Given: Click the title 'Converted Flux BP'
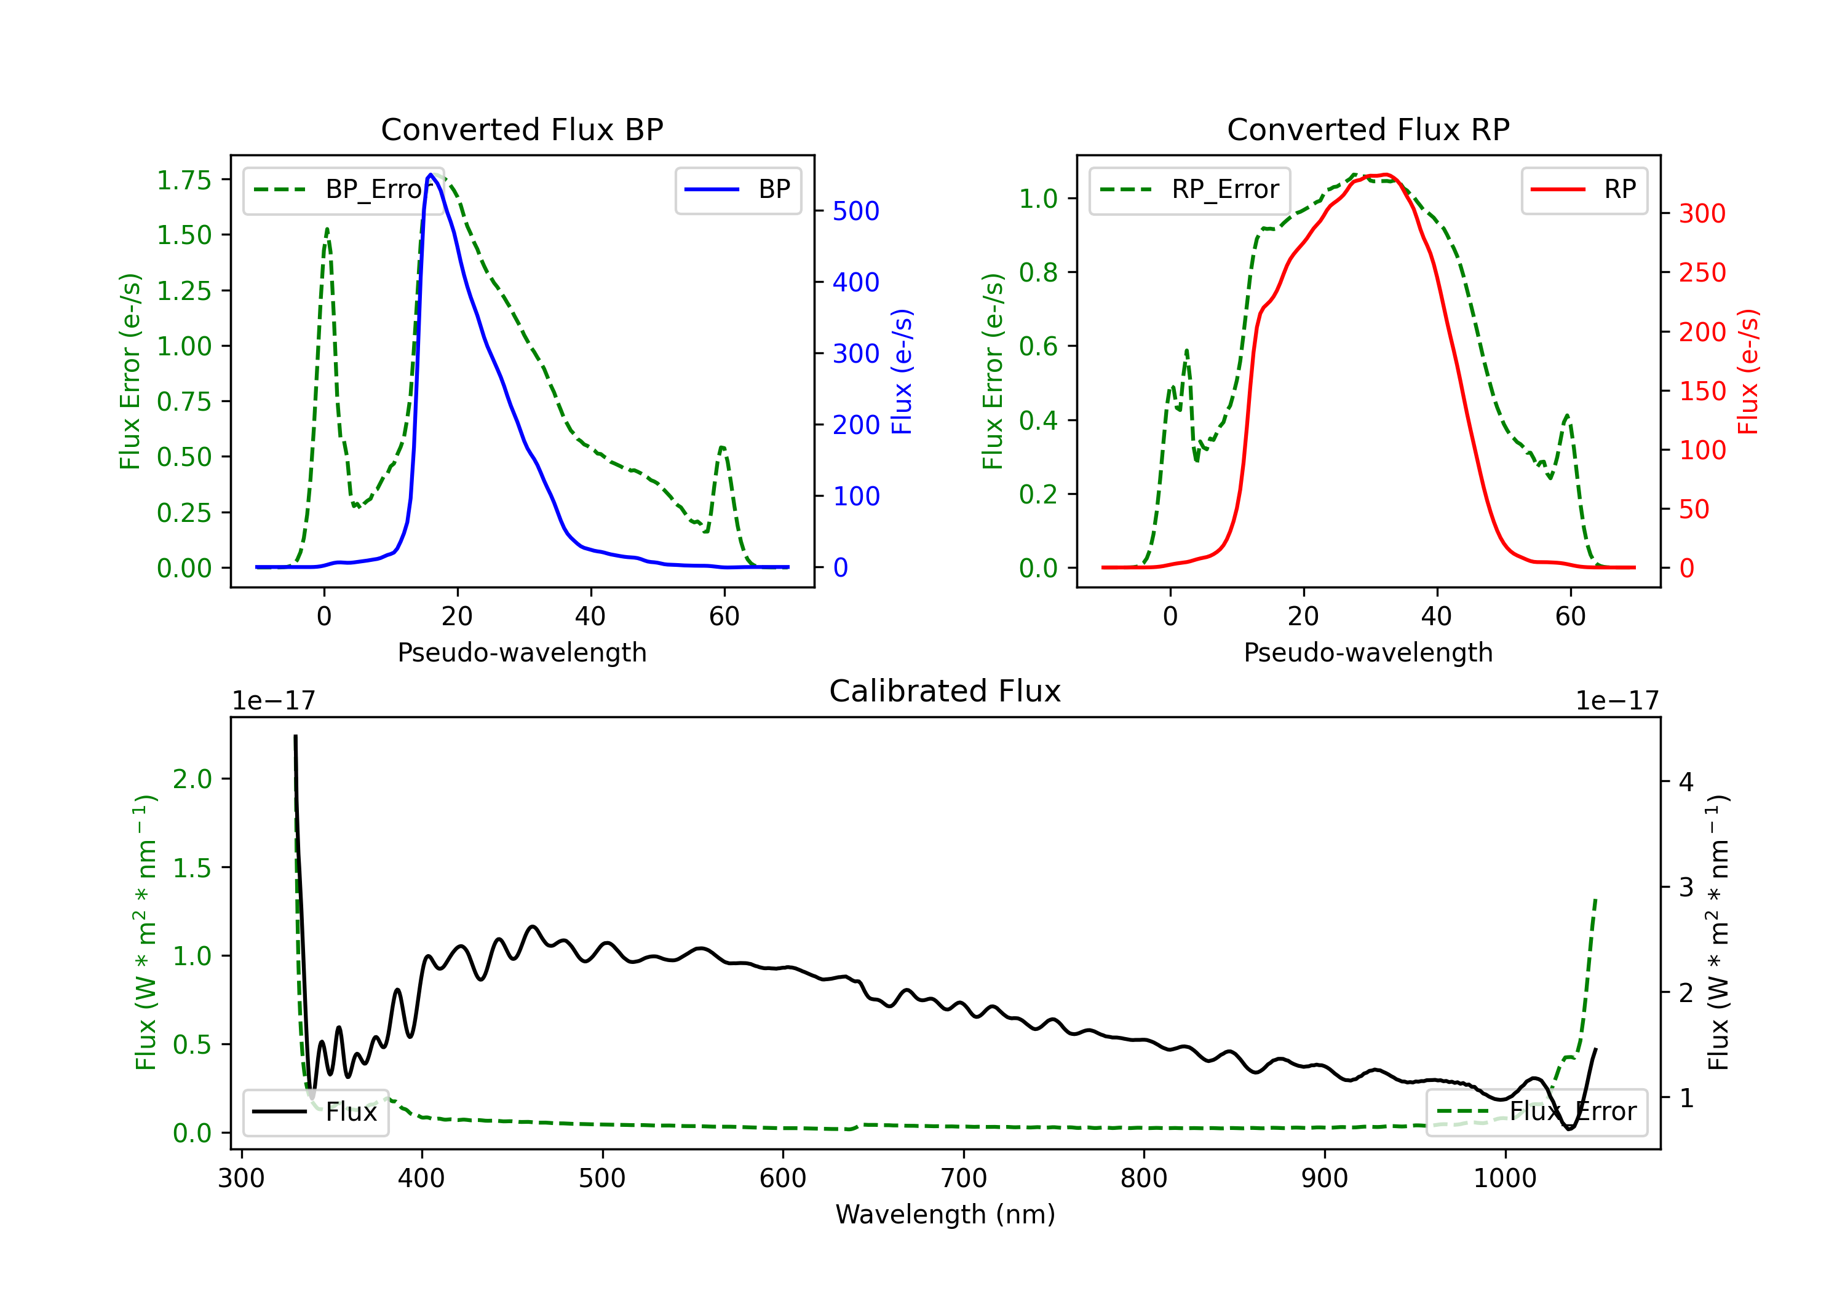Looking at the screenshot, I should coord(522,129).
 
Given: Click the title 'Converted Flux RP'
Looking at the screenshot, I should coord(1368,129).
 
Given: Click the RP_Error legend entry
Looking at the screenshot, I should coord(1189,189).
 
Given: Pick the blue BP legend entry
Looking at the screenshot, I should coord(737,189).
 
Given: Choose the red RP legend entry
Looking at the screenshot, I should coord(1583,189).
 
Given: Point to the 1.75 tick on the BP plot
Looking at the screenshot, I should coord(184,180).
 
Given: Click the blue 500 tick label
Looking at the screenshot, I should coord(856,211).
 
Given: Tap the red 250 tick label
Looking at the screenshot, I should coord(1702,272).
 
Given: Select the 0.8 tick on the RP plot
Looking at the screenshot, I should coord(1038,272).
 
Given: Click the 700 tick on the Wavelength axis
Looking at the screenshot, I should coord(964,1178).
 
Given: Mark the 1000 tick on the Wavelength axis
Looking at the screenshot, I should coord(1505,1178).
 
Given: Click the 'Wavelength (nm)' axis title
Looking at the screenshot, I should coord(945,1214).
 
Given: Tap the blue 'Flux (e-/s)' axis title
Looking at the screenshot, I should coord(902,371).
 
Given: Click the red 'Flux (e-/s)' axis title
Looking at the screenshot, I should coord(1748,371).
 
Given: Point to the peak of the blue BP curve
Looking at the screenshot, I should coord(430,175).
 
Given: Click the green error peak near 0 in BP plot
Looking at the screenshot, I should coord(327,230).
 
